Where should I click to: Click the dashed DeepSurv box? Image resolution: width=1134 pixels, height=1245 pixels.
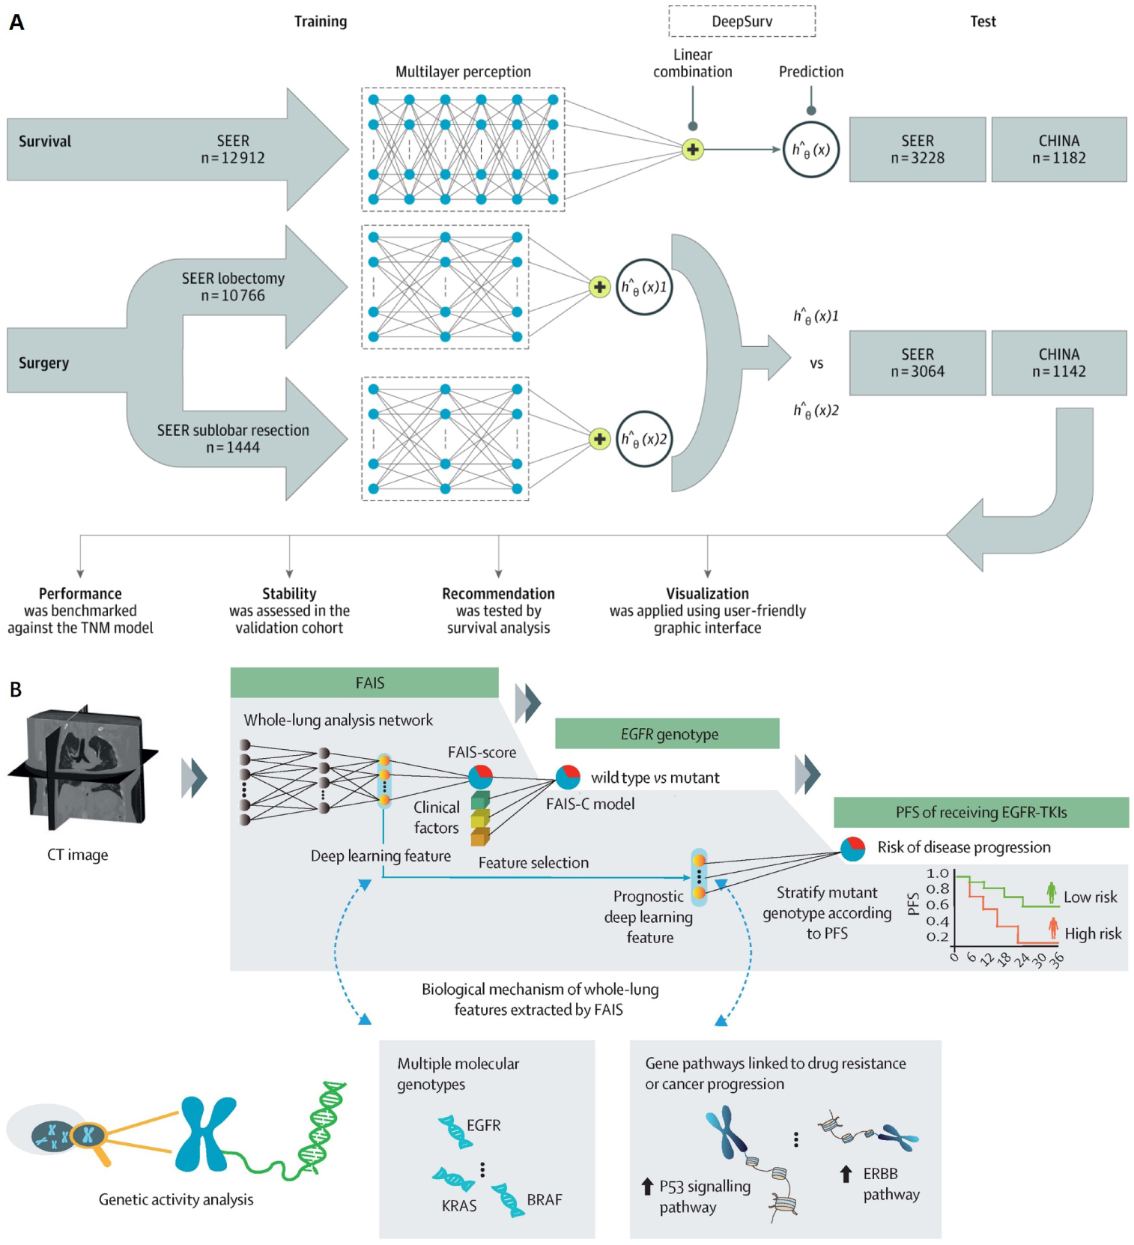click(x=742, y=21)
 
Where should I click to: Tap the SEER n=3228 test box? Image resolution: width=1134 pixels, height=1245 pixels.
click(x=917, y=149)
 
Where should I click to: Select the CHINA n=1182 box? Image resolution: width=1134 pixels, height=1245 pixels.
click(x=1058, y=149)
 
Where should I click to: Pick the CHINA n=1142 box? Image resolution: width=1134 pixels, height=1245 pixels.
click(x=1058, y=363)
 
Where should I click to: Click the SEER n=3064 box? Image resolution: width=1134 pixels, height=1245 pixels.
click(x=917, y=363)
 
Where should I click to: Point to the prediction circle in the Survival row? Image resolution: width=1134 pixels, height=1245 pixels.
click(x=810, y=149)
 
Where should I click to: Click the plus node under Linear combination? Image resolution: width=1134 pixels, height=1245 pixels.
click(x=693, y=149)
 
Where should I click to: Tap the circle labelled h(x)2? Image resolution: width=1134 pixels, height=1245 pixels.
click(x=643, y=439)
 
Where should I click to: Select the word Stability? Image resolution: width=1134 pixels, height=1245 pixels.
click(x=289, y=593)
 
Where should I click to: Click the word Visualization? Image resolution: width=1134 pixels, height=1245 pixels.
click(x=707, y=593)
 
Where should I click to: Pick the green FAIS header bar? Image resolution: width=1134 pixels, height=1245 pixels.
click(x=365, y=682)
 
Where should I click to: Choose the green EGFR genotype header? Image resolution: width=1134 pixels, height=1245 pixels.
click(x=667, y=733)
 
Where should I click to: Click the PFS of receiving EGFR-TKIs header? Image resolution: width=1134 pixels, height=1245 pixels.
click(x=980, y=812)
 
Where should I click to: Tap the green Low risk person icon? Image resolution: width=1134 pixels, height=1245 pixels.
click(x=1052, y=893)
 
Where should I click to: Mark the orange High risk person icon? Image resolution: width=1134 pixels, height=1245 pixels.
click(x=1053, y=929)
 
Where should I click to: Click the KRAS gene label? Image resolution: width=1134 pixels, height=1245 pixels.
click(x=458, y=1205)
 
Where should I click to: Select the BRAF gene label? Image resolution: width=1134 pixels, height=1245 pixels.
click(x=544, y=1199)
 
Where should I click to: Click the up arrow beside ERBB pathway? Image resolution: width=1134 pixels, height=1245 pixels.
click(x=846, y=1174)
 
